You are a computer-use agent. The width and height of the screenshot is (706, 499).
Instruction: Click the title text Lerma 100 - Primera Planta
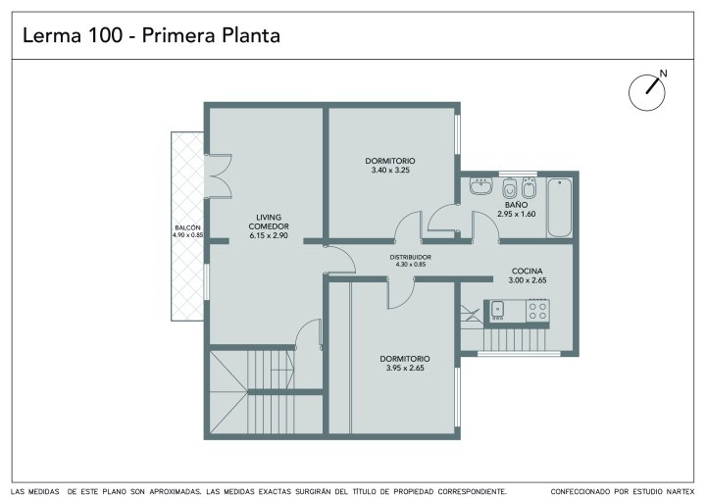coord(151,35)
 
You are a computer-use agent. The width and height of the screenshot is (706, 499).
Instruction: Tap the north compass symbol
coord(647,91)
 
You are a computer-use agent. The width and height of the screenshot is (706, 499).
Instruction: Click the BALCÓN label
coord(187,227)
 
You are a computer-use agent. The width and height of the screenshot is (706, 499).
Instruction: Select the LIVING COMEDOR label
coord(269,222)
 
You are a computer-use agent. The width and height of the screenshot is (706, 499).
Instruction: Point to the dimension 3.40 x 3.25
coord(390,171)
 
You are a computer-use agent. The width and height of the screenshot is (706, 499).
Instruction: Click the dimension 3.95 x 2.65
coord(405,368)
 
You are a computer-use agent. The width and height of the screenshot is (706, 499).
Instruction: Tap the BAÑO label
coord(517,205)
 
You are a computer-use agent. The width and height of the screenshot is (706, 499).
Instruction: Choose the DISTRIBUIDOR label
coord(410,257)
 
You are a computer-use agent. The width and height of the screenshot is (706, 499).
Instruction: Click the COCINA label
coord(528,272)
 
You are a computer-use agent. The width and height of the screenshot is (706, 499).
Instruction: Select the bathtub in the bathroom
coord(560,207)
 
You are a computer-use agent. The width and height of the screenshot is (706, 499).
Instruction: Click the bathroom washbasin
coord(480,185)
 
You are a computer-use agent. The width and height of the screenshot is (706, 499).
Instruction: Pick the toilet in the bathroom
coord(510,188)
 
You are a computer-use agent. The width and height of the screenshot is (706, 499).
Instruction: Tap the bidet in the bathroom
coord(529,188)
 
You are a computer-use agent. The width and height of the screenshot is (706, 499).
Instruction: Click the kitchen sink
coord(497,310)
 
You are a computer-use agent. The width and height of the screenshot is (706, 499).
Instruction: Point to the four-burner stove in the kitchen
coord(537,311)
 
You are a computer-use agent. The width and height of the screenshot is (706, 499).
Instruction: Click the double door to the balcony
coord(218,176)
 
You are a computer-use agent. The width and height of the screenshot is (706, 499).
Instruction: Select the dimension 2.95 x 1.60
coord(517,214)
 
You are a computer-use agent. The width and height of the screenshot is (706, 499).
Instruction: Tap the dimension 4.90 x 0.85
coord(187,234)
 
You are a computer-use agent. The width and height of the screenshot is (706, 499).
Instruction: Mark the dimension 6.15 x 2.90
coord(269,235)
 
